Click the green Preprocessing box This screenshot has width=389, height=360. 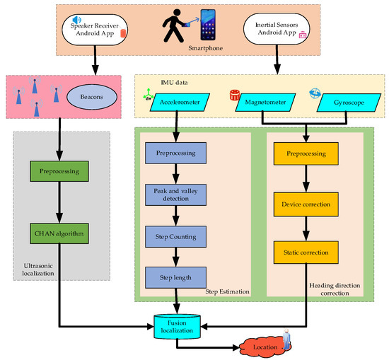[x=59, y=170]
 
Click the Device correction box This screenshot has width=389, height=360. [x=306, y=204]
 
